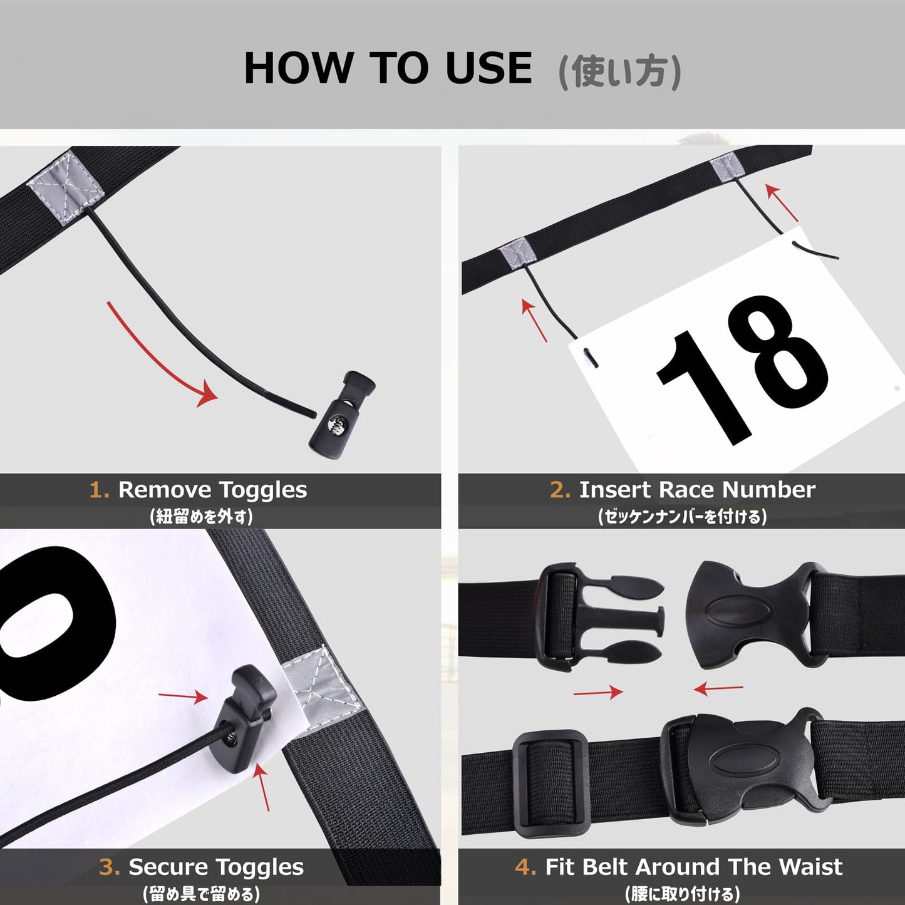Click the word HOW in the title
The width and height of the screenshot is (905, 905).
[298, 68]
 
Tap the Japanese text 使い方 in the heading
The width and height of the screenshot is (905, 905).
[620, 71]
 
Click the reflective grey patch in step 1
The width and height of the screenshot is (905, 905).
[65, 188]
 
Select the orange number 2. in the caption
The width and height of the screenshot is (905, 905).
[561, 490]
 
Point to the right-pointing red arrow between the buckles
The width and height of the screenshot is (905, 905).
[598, 692]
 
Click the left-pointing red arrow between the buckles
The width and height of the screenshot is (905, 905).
[718, 689]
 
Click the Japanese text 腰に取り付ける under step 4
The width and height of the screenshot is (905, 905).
[682, 893]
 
